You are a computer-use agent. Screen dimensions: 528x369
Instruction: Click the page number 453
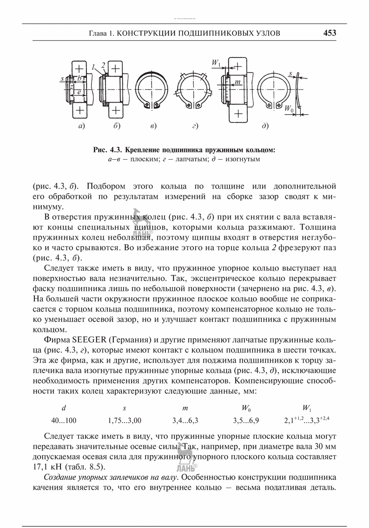(x=329, y=33)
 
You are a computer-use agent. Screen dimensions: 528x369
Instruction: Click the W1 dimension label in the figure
(x=216, y=62)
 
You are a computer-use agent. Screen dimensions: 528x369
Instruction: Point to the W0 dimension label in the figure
(x=289, y=110)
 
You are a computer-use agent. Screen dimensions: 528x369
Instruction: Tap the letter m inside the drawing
(x=238, y=82)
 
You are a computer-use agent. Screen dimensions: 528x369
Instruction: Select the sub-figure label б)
(x=117, y=126)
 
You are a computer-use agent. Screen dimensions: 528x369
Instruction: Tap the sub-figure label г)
(x=195, y=126)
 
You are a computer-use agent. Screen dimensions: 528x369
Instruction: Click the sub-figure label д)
(x=266, y=126)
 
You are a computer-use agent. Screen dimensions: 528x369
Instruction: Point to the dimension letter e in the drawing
(x=79, y=92)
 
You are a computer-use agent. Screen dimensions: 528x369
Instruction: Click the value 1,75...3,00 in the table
(x=124, y=421)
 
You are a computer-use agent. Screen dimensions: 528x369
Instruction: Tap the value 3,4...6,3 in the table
(x=185, y=421)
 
